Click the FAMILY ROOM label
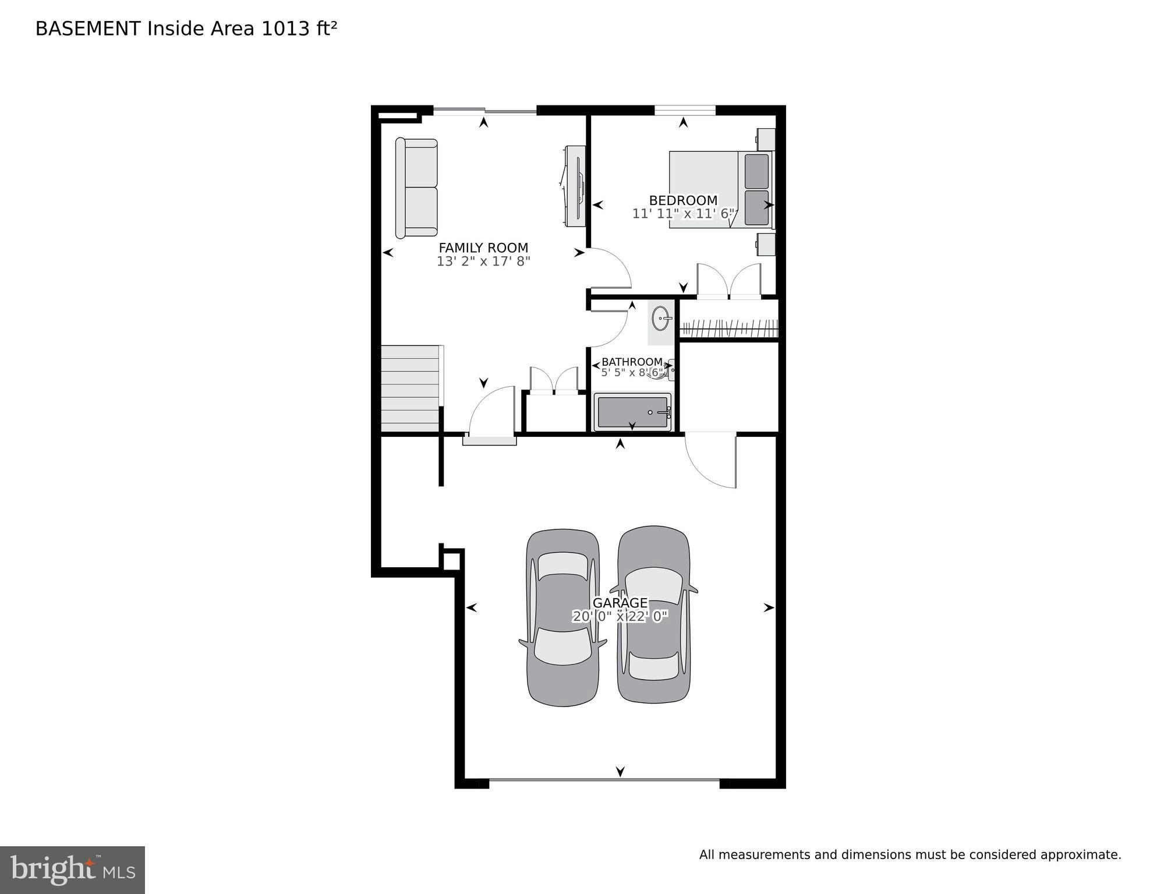point(483,248)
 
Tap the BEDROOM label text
point(683,200)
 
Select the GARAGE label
point(620,603)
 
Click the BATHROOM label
point(632,362)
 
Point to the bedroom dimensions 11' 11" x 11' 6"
point(683,214)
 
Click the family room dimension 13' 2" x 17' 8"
point(483,262)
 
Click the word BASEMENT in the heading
point(88,29)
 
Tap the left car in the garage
point(562,617)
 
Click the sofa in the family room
point(416,188)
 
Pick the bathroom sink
point(661,319)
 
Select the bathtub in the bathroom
point(632,412)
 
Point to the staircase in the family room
point(410,388)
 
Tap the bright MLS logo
point(72,870)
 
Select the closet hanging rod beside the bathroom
point(728,328)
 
